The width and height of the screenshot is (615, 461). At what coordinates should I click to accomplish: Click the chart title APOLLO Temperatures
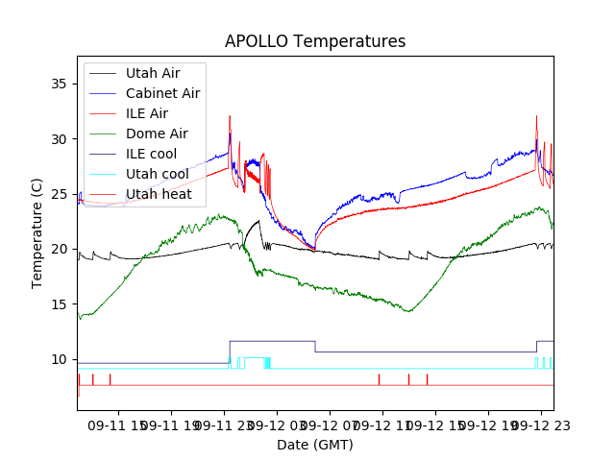pos(315,42)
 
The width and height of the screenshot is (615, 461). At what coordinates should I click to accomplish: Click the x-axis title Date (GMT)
pos(315,445)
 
